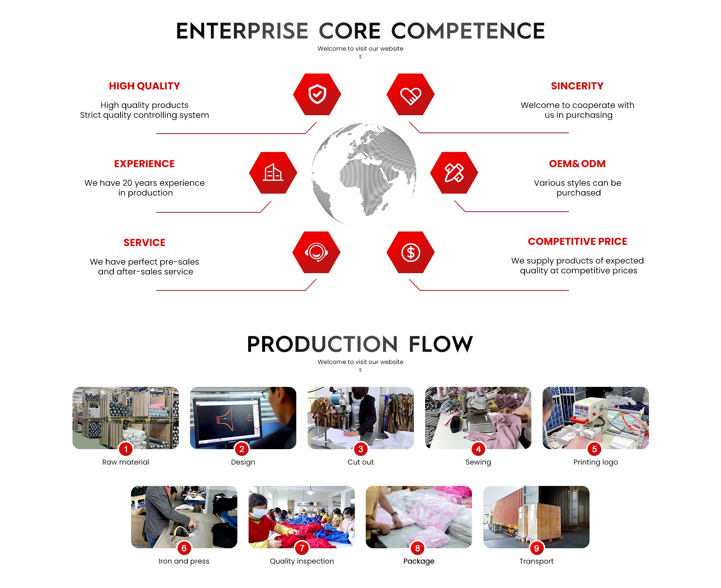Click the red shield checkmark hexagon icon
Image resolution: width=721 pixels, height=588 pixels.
point(317,94)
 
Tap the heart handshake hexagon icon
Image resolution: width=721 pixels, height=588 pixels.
point(410,94)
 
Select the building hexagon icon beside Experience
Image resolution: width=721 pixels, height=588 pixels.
point(273,173)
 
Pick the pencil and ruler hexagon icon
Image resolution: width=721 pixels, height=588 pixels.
point(454,173)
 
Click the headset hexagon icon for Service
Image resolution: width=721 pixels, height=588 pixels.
point(316,252)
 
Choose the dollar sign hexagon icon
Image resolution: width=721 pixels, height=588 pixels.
point(410,252)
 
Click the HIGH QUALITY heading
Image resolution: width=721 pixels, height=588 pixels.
point(144,86)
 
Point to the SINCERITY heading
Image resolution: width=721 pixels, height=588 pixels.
point(577,86)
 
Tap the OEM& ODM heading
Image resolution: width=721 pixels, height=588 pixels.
point(577,164)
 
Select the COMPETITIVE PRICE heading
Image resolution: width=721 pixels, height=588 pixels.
point(577,241)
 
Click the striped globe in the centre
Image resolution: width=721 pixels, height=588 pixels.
point(364,173)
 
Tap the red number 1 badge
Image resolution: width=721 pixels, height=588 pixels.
point(126,449)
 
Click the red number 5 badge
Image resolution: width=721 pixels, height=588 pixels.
point(594,449)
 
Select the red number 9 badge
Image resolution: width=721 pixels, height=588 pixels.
point(536,548)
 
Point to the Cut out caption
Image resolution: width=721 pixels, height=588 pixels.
point(360,462)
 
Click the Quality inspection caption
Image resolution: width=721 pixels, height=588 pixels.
point(302,561)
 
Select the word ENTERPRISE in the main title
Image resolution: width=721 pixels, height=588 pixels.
point(242,31)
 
